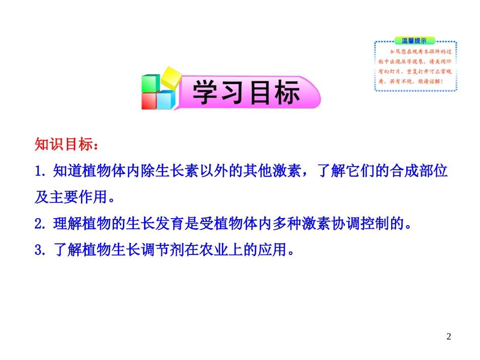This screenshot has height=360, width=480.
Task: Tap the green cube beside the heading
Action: pos(150,83)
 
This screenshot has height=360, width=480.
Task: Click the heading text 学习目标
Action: pos(246,92)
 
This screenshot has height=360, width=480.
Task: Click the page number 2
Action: pos(449,337)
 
